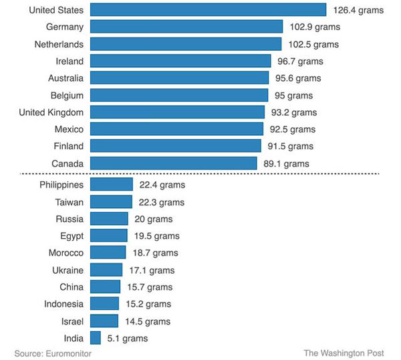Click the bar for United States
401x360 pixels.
point(208,10)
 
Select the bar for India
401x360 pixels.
point(95,339)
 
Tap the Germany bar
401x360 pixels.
point(186,27)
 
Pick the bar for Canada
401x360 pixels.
point(173,163)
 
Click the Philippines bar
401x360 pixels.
point(111,185)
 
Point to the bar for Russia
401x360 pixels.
point(108,219)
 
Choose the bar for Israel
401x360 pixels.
point(104,321)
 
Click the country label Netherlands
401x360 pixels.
point(59,44)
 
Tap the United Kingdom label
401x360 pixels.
point(51,112)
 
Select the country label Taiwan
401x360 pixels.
point(70,202)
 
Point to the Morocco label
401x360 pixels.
point(66,253)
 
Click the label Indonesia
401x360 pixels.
point(64,304)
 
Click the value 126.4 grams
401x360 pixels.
point(358,10)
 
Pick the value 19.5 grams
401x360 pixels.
point(155,236)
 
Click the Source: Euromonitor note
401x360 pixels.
point(53,353)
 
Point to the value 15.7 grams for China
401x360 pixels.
point(150,287)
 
